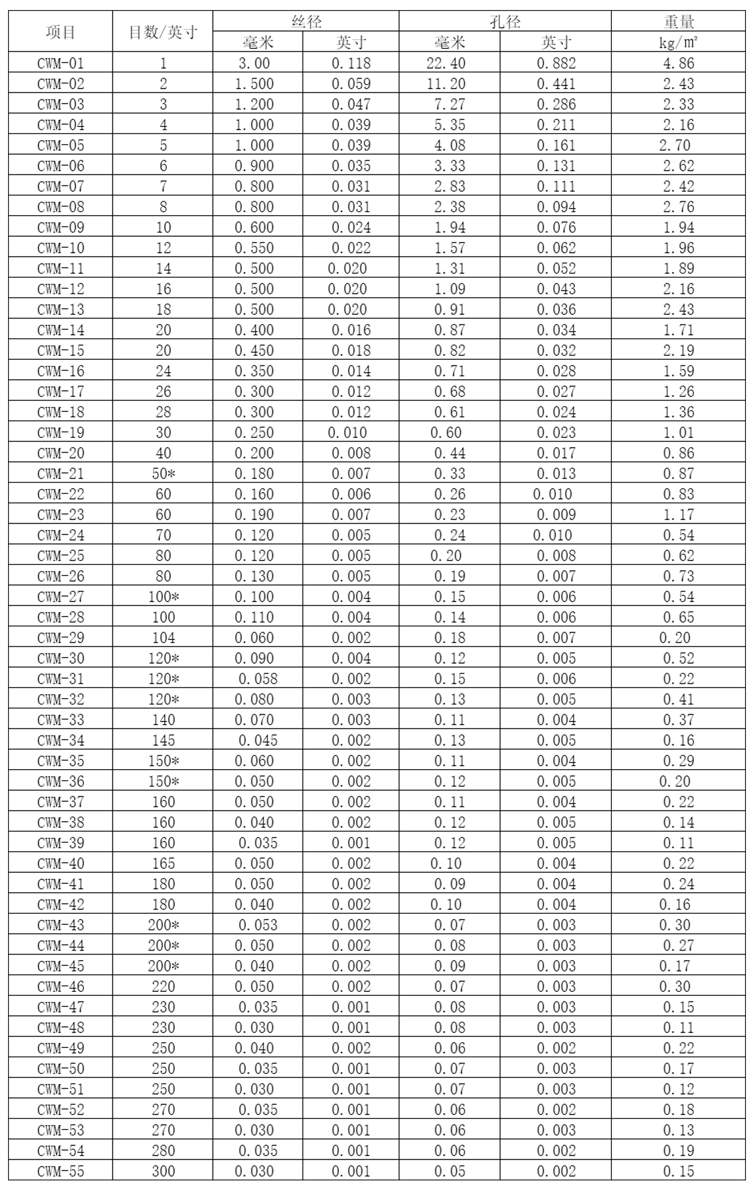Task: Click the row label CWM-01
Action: tap(60, 63)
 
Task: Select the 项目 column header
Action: tap(60, 32)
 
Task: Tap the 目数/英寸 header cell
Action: tap(163, 32)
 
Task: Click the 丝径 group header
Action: tap(306, 22)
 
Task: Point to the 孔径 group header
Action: tap(505, 22)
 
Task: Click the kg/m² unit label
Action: tap(678, 42)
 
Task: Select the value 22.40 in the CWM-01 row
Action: tap(450, 63)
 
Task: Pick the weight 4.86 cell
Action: tap(678, 63)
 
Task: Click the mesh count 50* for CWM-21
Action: tap(163, 473)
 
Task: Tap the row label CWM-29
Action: tap(60, 638)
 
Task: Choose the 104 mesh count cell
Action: tap(163, 638)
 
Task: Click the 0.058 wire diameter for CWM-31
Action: tap(258, 678)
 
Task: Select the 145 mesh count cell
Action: tap(163, 740)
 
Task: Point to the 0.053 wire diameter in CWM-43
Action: tap(258, 925)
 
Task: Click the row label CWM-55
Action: tap(60, 1171)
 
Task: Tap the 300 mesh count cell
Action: tap(163, 1171)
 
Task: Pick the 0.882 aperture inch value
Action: tap(556, 63)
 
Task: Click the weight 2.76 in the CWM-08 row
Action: tap(678, 207)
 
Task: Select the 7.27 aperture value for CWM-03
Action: tap(450, 104)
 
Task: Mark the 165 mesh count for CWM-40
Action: tap(163, 863)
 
